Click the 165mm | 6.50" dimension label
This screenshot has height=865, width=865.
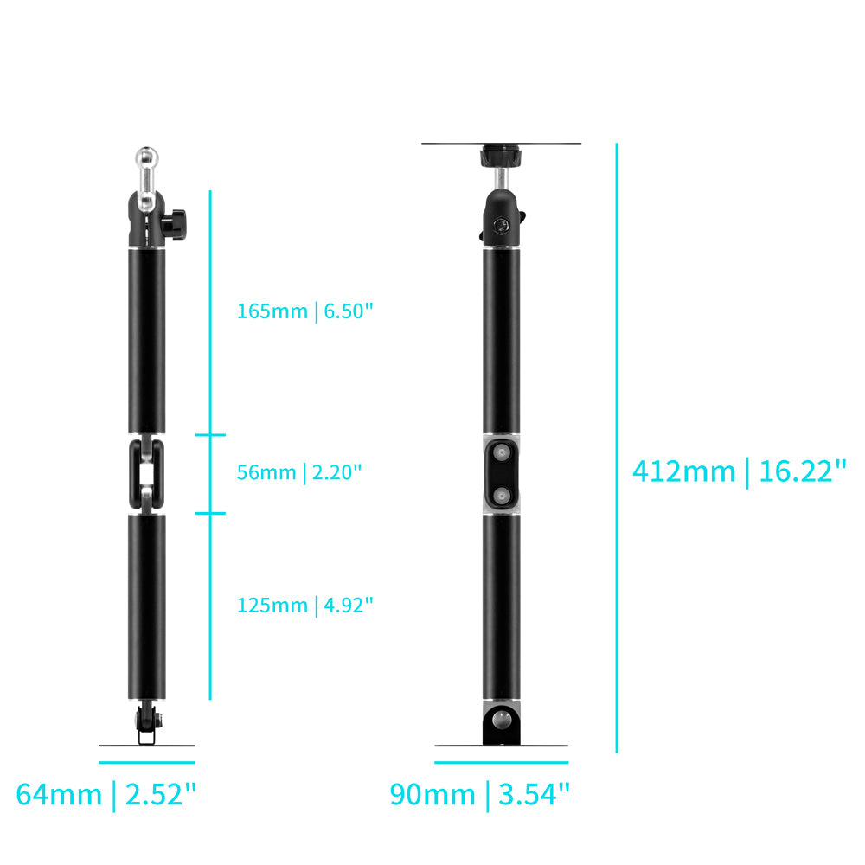tap(305, 311)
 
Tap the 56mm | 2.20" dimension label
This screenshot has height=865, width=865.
tap(299, 472)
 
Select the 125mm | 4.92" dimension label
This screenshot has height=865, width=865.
tap(305, 605)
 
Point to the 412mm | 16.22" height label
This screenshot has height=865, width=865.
tap(740, 471)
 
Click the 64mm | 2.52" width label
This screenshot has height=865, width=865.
tap(106, 794)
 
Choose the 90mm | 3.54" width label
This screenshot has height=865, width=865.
tap(479, 794)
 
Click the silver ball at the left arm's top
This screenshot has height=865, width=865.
tap(147, 158)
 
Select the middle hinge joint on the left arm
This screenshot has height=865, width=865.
tap(147, 474)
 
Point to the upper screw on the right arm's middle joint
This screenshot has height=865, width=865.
tap(502, 453)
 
